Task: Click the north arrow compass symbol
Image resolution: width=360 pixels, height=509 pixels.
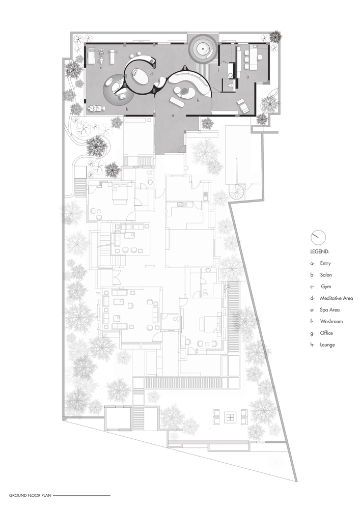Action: pos(318,237)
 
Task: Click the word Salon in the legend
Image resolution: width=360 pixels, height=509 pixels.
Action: pos(326,275)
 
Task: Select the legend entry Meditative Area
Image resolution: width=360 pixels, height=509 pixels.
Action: pos(336,298)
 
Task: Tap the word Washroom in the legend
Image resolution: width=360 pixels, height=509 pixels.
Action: pos(331,321)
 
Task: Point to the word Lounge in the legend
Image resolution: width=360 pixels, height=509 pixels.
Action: pos(327,345)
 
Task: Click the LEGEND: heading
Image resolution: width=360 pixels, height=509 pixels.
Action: pos(320,251)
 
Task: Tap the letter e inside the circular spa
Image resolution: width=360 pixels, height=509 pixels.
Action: pos(203,48)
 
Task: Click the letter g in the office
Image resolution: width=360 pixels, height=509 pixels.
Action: pos(247,77)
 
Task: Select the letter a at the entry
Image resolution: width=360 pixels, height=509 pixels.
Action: pos(173,115)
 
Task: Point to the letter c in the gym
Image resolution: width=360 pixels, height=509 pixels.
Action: pos(101,68)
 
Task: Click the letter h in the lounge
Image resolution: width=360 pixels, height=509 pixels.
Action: pos(198,101)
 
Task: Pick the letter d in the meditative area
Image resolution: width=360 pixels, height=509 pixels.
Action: pos(152,74)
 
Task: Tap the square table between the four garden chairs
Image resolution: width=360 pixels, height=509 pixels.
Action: pos(230,417)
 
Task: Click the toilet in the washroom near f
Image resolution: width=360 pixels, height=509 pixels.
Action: pos(230,86)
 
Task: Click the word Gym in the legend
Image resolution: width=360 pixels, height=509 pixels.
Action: pos(326,287)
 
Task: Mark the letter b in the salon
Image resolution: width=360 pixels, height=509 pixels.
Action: pos(127,109)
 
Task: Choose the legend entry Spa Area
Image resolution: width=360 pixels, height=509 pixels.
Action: pos(330,309)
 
